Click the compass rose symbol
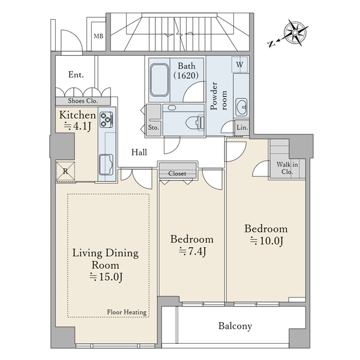(295, 32)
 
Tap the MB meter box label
(98, 36)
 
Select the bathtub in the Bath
(159, 80)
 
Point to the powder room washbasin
(241, 107)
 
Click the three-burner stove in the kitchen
(107, 119)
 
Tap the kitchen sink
(106, 165)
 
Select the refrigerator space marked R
(65, 171)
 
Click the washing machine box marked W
(239, 64)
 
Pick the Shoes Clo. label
(83, 101)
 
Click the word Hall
(139, 152)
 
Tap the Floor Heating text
(127, 312)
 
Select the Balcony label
(235, 326)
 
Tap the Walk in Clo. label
(287, 168)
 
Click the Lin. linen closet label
(242, 127)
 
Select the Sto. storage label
(154, 127)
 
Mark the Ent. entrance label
(76, 74)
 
